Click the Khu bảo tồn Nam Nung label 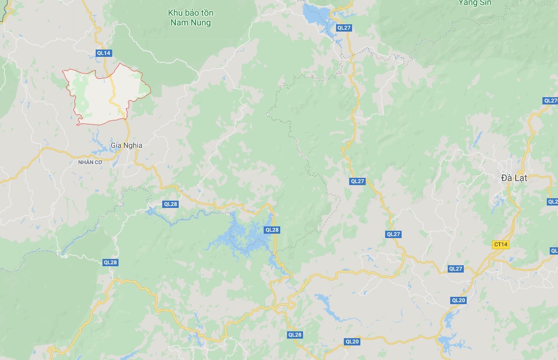(x=191, y=17)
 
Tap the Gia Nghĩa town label (x=126, y=145)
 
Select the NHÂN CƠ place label (x=90, y=162)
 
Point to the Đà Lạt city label (x=514, y=178)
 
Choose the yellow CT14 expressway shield (x=500, y=244)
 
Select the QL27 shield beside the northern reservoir (x=343, y=28)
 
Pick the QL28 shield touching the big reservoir (x=272, y=230)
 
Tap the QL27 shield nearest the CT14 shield (x=456, y=269)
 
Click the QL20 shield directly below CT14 (x=458, y=300)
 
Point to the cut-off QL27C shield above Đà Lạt (x=551, y=101)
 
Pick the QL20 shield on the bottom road (x=352, y=342)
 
